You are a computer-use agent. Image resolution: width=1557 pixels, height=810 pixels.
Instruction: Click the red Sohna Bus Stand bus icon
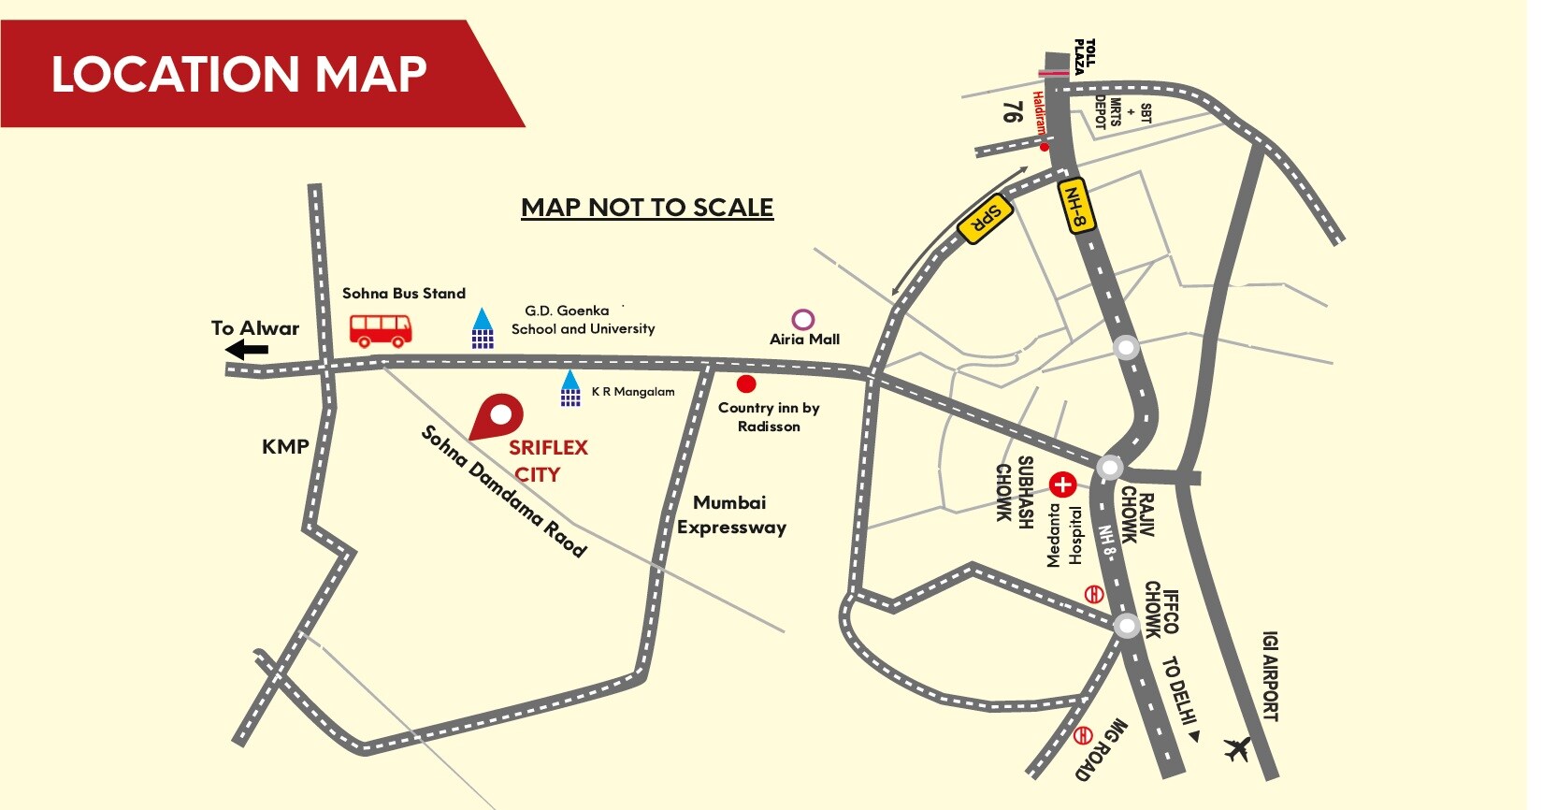click(x=381, y=329)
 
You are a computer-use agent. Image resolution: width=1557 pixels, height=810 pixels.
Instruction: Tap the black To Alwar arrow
click(x=247, y=351)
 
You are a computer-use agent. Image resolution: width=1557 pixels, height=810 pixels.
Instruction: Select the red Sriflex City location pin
click(x=497, y=416)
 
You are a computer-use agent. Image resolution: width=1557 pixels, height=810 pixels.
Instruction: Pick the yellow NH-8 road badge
click(x=1075, y=206)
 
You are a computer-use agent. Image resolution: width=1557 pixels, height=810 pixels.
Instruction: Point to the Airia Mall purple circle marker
click(x=803, y=320)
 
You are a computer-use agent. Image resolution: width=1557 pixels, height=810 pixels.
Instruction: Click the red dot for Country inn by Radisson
click(x=746, y=383)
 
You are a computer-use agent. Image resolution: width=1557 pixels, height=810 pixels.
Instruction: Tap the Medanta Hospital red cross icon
click(x=1062, y=485)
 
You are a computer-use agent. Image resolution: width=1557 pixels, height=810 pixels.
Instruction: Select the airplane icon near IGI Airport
click(x=1237, y=748)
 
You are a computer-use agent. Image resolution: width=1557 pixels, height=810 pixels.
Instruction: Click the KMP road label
click(x=285, y=447)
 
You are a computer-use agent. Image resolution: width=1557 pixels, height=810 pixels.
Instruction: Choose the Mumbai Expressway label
click(x=731, y=515)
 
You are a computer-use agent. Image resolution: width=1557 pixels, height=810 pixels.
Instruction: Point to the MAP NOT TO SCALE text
click(x=647, y=208)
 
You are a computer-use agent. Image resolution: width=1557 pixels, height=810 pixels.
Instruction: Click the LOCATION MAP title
click(x=238, y=75)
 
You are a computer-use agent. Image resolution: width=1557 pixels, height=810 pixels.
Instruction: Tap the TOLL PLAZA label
click(x=1084, y=57)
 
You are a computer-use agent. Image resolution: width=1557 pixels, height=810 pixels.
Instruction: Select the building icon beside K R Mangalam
click(x=570, y=388)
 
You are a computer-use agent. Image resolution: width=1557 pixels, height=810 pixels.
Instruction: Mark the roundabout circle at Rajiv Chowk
click(x=1110, y=467)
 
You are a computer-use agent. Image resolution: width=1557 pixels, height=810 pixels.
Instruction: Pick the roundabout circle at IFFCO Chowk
click(x=1127, y=625)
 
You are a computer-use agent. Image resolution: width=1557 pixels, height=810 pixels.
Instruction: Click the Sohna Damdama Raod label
click(x=504, y=491)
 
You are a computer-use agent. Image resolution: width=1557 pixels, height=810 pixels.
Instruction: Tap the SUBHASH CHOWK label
click(x=1015, y=492)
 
